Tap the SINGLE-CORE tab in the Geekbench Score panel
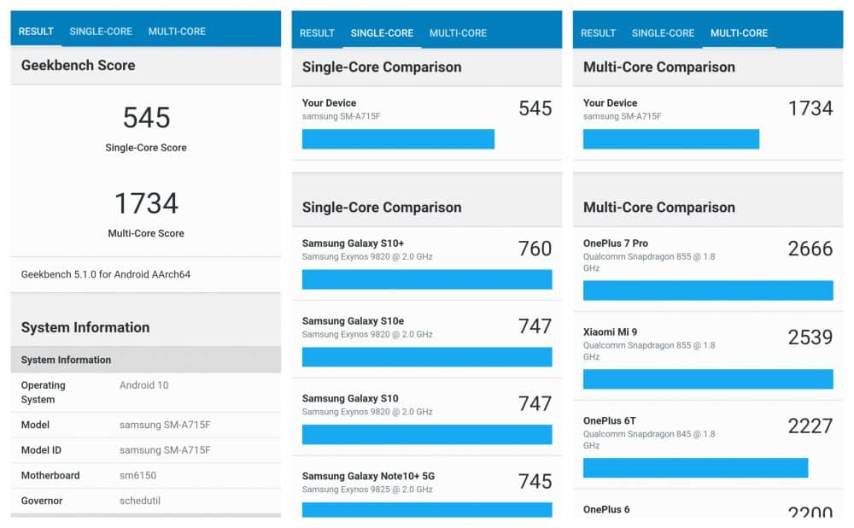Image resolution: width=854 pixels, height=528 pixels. coord(101,32)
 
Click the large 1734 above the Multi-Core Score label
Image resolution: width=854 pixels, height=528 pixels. coord(147,203)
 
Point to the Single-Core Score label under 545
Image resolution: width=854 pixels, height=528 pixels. coord(146,148)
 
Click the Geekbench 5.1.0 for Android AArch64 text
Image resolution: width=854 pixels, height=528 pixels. coord(106,274)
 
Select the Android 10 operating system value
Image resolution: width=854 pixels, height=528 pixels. coord(143,385)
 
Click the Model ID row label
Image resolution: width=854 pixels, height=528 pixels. coord(41,450)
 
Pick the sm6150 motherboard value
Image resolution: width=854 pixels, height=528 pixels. coord(137,476)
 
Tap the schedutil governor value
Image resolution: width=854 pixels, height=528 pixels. coord(140,501)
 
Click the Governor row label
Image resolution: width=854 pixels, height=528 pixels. coord(42,501)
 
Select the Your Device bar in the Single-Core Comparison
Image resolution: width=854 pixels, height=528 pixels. coord(398,139)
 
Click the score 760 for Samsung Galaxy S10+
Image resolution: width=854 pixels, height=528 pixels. coord(535,249)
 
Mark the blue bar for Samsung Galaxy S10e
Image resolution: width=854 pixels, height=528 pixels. coord(427,357)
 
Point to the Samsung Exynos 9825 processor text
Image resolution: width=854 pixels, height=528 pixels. coord(367,490)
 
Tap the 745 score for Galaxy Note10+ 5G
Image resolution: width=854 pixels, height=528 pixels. coord(535,481)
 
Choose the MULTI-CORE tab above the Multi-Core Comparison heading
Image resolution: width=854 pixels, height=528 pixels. coord(739,33)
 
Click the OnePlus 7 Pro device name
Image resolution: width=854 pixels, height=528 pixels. coord(616,243)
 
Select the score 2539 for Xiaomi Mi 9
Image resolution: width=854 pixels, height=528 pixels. coord(810,337)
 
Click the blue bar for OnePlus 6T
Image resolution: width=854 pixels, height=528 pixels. coord(695,468)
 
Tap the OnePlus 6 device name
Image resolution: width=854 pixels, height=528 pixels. coord(606,509)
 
